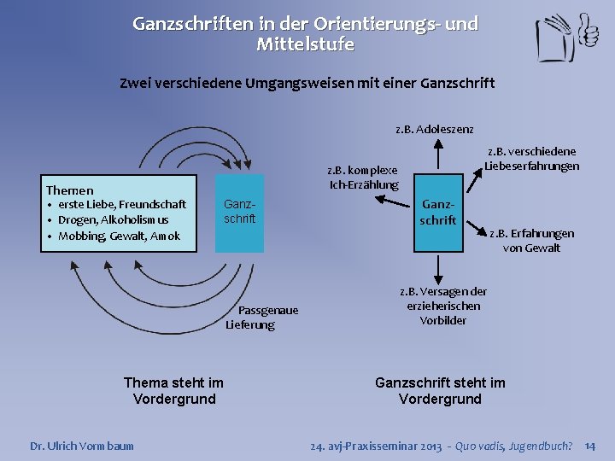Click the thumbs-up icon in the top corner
pos(588,32)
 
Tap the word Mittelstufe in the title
pos(305,44)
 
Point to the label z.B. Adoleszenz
pos(434,129)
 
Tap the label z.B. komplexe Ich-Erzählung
pos(364,177)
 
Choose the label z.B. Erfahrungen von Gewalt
pos(531,240)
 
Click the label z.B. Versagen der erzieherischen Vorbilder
pos(442,306)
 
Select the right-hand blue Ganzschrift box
pos(437,213)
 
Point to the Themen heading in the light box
pos(70,190)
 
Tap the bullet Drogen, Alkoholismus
pos(113,220)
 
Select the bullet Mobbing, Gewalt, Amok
pos(119,236)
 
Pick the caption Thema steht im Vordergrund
pos(173,391)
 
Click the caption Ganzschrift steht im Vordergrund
pos(440,391)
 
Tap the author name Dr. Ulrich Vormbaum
pos(82,446)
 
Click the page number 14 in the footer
pos(589,446)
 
